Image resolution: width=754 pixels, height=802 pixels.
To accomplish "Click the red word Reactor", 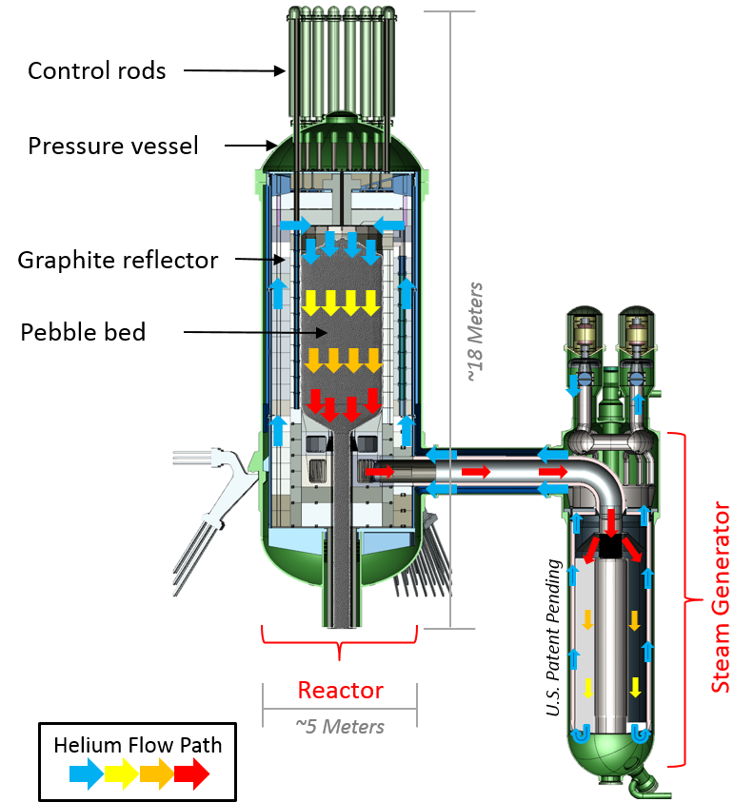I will pos(340,690).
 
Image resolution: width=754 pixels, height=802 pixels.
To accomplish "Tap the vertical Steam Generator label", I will pos(723,597).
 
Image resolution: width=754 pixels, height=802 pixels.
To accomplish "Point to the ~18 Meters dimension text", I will pos(476,332).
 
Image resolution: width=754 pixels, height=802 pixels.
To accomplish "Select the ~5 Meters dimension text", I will pos(340,726).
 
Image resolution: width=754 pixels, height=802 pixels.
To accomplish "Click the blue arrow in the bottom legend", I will pos(87,773).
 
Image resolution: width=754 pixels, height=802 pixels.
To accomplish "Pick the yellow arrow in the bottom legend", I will pos(122,773).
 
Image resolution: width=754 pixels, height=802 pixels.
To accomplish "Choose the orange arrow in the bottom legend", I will pos(157,773).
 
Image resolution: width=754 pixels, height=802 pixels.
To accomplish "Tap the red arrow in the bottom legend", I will pos(192,773).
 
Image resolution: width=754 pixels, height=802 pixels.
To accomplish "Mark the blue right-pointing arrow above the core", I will pos(295,225).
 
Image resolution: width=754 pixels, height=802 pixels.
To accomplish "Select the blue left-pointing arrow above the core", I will pos(390,225).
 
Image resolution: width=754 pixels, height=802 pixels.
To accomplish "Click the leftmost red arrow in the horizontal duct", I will pos(378,471).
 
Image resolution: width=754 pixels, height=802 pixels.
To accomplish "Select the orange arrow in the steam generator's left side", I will pos(587,620).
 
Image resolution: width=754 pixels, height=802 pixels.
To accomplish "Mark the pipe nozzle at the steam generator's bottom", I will pos(650,783).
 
